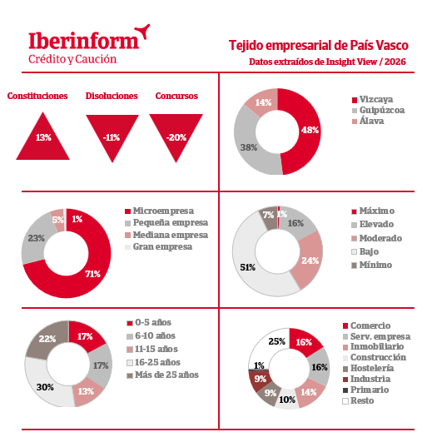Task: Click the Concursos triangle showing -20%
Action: click(176, 133)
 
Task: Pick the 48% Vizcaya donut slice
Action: click(309, 131)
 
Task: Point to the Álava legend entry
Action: click(368, 121)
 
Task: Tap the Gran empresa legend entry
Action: click(159, 247)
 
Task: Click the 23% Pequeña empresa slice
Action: click(35, 240)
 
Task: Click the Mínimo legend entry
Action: click(372, 265)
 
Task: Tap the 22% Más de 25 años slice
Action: click(47, 339)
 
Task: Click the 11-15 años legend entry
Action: click(152, 350)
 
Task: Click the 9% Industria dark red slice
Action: click(260, 380)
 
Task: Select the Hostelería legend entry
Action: click(369, 369)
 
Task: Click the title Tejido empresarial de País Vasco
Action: click(318, 46)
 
